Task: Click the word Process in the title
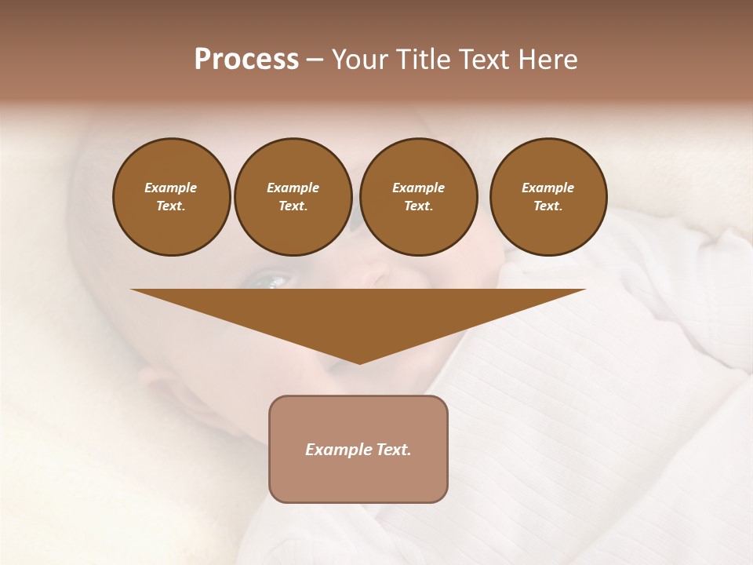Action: tap(246, 60)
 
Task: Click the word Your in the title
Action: tap(358, 60)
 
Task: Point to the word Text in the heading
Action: tap(484, 60)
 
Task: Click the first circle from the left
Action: tap(171, 196)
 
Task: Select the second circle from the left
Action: tap(293, 196)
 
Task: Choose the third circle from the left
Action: tap(418, 196)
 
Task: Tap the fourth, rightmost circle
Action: tap(547, 196)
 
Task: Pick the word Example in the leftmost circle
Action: tap(171, 188)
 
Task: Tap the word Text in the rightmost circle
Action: tap(547, 206)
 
